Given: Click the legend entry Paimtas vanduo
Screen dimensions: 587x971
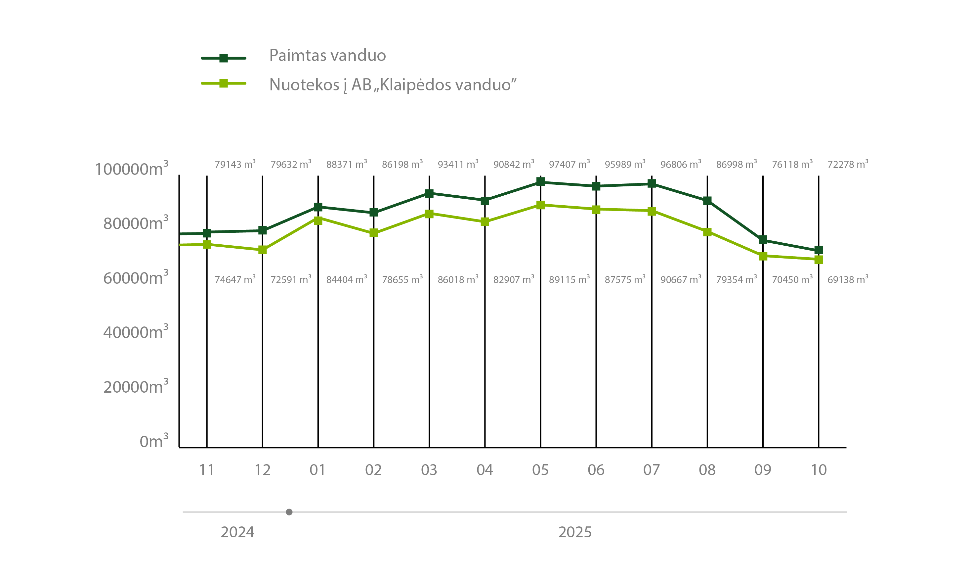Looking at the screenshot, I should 327,56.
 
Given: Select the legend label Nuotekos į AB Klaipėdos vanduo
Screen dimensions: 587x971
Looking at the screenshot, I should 393,85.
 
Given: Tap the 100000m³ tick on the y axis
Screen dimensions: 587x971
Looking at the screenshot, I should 132,169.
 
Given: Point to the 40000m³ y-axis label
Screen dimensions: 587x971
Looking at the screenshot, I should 136,332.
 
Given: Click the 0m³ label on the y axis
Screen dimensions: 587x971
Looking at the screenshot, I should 154,441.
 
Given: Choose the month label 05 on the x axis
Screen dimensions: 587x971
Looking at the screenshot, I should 540,470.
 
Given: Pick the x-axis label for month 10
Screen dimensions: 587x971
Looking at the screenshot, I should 819,470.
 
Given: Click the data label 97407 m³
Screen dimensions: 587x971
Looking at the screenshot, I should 569,164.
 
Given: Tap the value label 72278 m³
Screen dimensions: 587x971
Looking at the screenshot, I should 848,164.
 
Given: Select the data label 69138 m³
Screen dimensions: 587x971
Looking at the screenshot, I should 848,279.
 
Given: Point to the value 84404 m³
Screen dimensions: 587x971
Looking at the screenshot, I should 346,279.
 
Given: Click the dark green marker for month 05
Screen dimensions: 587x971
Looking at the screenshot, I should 541,182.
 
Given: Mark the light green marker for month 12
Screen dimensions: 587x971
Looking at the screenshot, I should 263,250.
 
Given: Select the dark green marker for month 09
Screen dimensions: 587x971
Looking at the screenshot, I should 763,239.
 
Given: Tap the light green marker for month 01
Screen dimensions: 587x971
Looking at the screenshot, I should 318,220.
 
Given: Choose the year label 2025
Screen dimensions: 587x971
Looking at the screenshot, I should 575,532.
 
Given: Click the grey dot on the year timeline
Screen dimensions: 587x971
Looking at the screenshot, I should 289,512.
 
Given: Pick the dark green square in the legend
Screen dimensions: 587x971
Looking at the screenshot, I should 224,58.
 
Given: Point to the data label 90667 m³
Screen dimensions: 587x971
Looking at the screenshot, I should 681,279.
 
